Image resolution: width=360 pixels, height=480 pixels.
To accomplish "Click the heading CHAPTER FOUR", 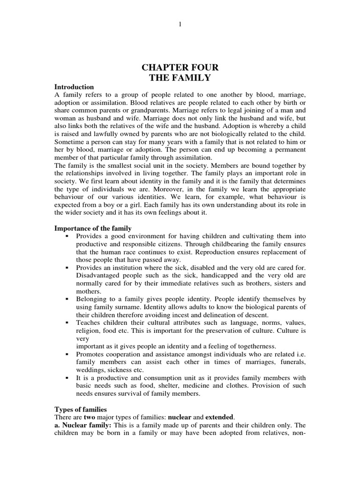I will click(180, 68).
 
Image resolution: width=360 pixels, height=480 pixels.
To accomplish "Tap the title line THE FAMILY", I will click(180, 78).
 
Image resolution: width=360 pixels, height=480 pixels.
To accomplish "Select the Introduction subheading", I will click(74, 87).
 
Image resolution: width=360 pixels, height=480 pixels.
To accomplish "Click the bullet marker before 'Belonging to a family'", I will click(67, 299).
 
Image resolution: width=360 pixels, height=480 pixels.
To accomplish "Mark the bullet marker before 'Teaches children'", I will click(67, 322).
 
